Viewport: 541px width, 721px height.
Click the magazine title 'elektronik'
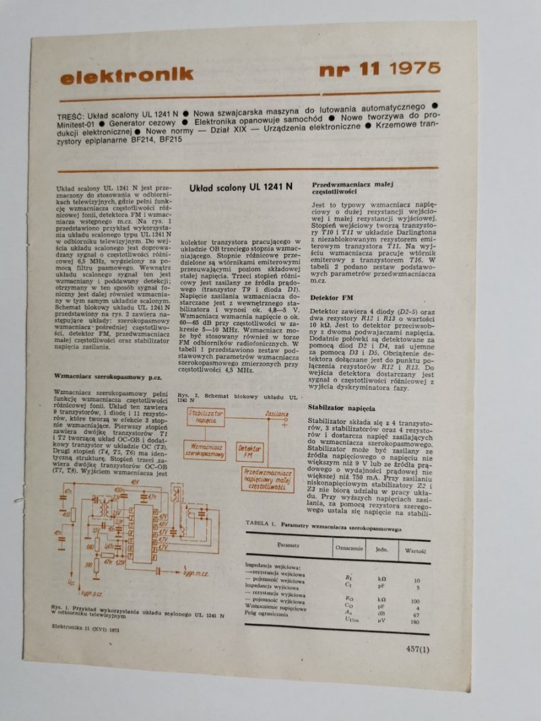(x=126, y=76)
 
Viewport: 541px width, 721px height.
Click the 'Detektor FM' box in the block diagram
(x=250, y=453)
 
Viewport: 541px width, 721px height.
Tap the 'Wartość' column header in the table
(x=415, y=550)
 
